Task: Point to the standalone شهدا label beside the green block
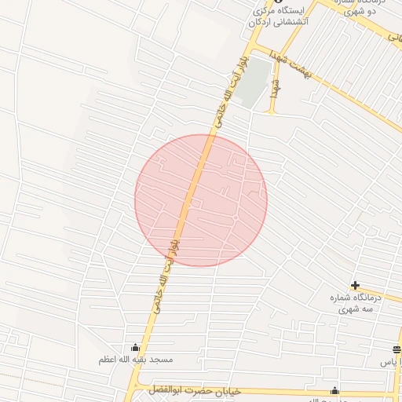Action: [275, 90]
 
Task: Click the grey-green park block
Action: [253, 91]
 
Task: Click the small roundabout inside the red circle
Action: [236, 217]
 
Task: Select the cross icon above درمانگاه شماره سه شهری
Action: [356, 285]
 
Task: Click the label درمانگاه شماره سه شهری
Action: [358, 303]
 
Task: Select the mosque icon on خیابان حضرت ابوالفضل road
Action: [335, 391]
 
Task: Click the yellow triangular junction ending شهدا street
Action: [273, 111]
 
